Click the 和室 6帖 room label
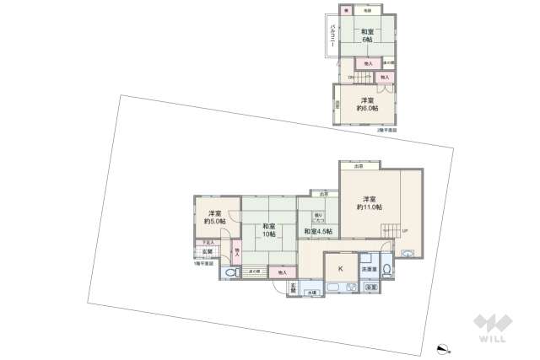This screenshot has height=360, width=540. [369, 37]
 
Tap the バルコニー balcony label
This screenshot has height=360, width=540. [334, 35]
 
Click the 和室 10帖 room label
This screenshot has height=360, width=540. [268, 230]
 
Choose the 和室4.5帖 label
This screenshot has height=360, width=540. [318, 231]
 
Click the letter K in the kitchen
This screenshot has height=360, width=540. [341, 267]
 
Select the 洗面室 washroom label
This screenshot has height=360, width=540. [370, 269]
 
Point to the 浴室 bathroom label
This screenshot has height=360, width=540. [370, 287]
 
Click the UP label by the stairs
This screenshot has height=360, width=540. [404, 231]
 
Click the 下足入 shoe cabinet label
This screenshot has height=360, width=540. [207, 243]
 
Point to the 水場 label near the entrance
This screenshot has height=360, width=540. [313, 292]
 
